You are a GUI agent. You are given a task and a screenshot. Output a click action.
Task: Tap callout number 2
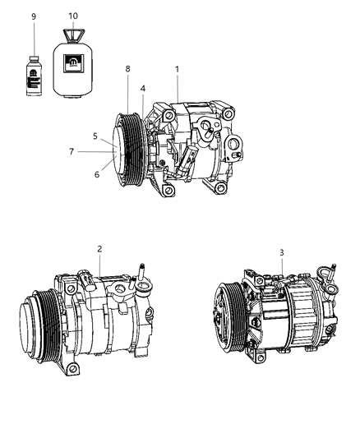coord(99,249)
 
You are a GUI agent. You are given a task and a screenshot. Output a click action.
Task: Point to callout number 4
coord(142,89)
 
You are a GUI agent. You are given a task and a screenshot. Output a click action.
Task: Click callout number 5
coord(95,136)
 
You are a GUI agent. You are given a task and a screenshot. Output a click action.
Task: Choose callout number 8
coord(127,69)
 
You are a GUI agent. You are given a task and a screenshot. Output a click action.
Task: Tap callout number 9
coord(34,16)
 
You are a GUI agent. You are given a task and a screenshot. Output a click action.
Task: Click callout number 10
coord(73,16)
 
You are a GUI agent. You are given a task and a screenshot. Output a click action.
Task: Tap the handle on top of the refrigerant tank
coord(74,35)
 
